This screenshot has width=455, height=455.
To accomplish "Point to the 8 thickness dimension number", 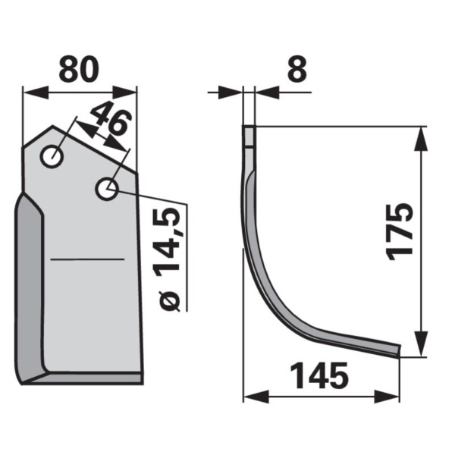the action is click(297, 69).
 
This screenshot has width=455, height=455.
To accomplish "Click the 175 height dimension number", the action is click(400, 231).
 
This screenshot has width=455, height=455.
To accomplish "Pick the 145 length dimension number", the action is click(319, 376).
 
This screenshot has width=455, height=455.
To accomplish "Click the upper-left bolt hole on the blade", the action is click(52, 156).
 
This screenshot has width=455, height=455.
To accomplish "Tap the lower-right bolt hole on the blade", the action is click(107, 189).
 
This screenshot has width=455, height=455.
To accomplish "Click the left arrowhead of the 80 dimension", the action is click(36, 93).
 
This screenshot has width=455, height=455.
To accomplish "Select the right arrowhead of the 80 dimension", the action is click(124, 93).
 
